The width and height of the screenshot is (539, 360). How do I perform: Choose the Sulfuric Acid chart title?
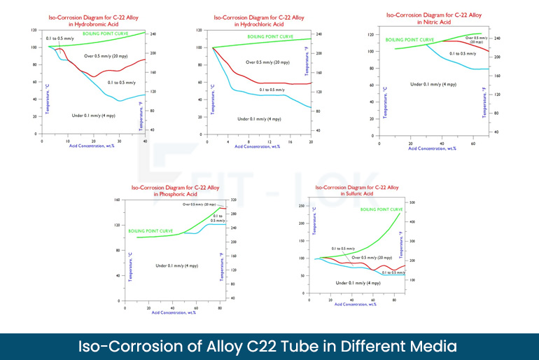tap(357, 191)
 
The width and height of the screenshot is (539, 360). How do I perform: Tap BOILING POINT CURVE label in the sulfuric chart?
tap(381, 209)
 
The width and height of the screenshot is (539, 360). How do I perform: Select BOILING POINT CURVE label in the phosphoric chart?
tap(151, 230)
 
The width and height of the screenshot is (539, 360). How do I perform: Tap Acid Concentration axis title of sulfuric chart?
tap(356, 304)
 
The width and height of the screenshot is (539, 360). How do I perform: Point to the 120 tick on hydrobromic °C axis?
tap(34, 31)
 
